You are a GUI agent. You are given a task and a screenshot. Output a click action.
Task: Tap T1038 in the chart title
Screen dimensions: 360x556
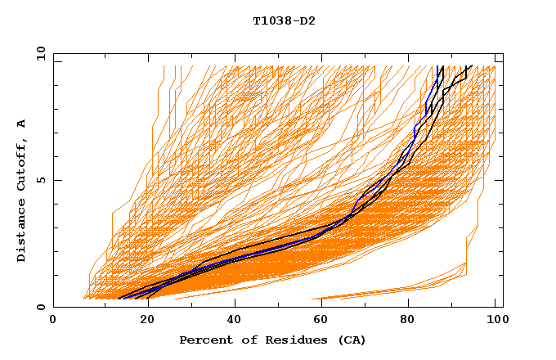pyautogui.click(x=269, y=20)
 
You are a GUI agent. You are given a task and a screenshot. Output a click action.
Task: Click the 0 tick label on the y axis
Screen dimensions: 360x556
pyautogui.click(x=40, y=307)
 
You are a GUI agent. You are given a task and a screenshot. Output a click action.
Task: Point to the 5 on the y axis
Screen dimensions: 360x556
pyautogui.click(x=40, y=180)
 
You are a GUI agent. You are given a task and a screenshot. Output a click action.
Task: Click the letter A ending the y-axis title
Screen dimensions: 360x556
pyautogui.click(x=21, y=124)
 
